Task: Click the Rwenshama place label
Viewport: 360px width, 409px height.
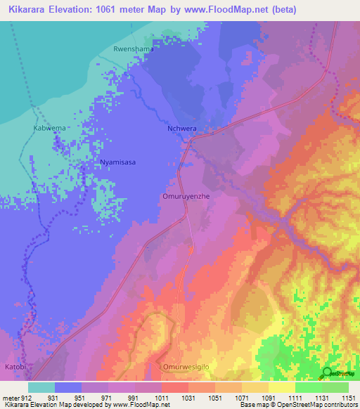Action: (133, 49)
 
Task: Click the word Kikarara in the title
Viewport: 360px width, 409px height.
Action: (32, 10)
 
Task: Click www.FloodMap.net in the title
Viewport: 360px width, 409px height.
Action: (220, 10)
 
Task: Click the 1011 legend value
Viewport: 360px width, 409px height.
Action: (161, 397)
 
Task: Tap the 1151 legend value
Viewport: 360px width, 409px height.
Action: (347, 397)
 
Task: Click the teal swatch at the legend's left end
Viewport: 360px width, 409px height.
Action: (41, 387)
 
